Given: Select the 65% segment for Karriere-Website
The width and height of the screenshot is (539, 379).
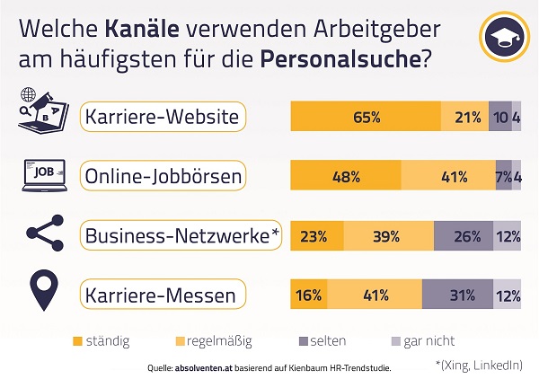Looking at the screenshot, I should click(x=366, y=118).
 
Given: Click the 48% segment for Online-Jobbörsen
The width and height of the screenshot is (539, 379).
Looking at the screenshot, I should click(x=346, y=176).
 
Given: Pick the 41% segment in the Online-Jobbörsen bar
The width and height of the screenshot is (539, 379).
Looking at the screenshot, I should click(x=448, y=176).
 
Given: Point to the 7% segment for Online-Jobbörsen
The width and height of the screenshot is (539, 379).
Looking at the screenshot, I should click(x=504, y=176).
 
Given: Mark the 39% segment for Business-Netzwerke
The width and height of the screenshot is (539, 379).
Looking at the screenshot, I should click(x=388, y=236).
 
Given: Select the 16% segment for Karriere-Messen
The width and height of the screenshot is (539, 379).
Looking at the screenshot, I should click(x=308, y=294).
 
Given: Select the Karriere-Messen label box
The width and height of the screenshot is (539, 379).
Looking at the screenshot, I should click(x=161, y=294).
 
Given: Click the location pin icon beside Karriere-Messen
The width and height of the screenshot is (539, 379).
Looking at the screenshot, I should click(x=44, y=291).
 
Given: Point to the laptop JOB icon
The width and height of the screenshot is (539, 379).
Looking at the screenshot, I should click(x=44, y=175).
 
